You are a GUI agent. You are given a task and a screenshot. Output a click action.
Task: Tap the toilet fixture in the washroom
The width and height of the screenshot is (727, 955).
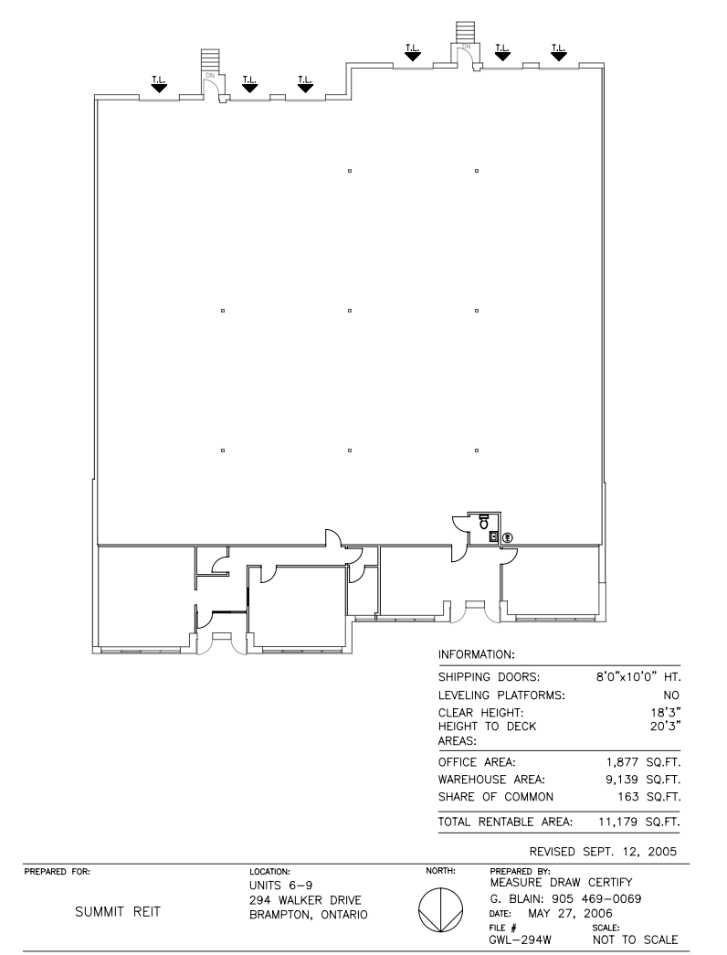click(483, 521)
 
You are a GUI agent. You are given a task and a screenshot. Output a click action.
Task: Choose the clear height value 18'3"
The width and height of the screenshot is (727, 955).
click(667, 713)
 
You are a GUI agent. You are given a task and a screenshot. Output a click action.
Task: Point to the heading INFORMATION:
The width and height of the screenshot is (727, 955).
click(479, 655)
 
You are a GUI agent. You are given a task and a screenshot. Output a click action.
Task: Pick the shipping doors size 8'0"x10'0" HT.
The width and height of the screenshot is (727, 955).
click(637, 677)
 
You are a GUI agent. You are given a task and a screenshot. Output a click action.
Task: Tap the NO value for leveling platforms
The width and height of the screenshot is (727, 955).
click(673, 695)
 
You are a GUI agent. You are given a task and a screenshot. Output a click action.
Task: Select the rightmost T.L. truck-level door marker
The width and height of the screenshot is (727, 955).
click(558, 51)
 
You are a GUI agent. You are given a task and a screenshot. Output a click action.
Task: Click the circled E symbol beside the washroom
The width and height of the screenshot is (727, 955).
click(508, 537)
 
